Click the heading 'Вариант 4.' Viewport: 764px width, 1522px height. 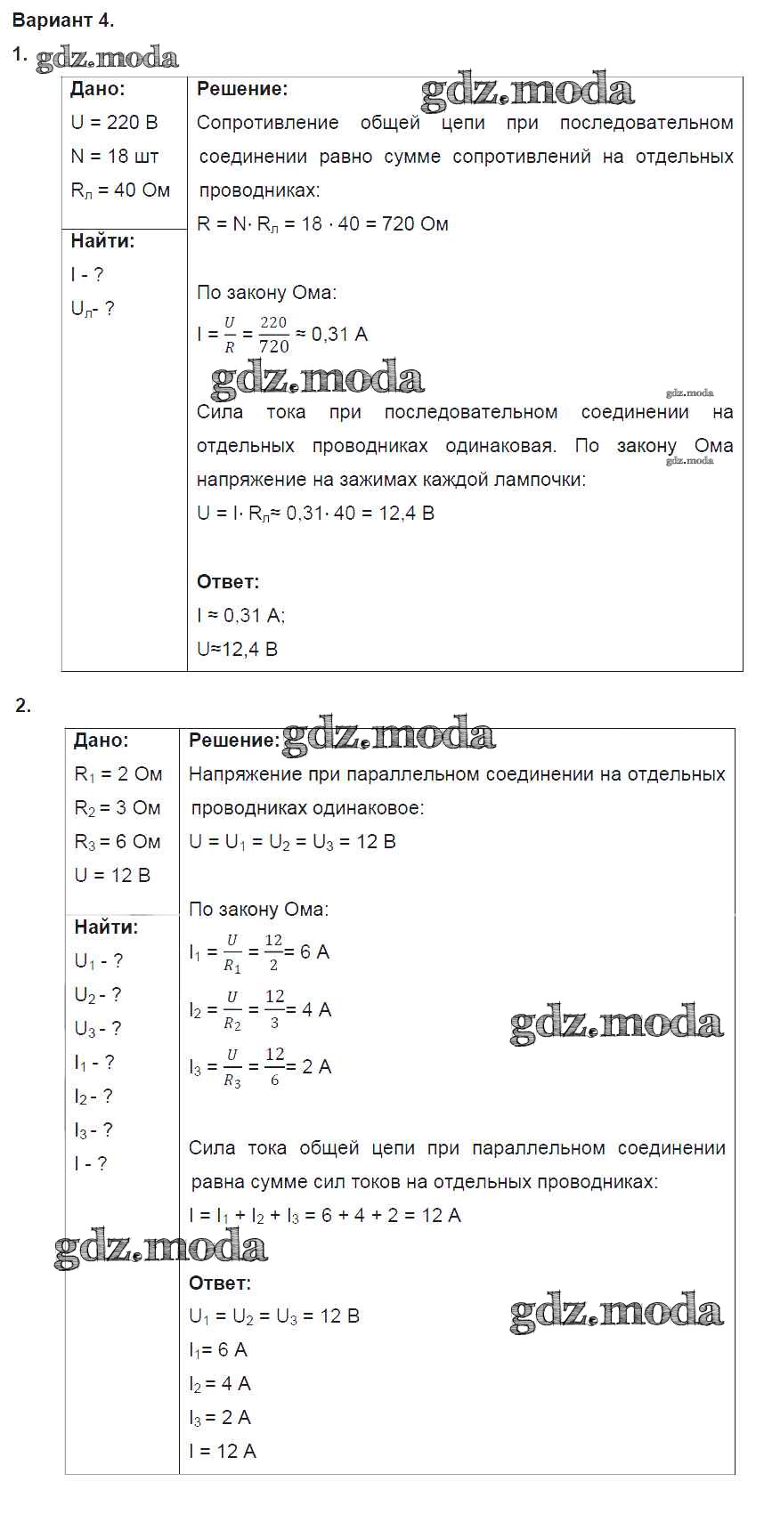pos(63,20)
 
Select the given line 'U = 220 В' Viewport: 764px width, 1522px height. pos(114,122)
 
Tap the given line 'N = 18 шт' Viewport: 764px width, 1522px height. pos(114,156)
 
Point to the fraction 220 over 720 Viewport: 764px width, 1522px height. pos(273,334)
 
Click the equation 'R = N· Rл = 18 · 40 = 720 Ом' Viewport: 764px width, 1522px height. pos(322,223)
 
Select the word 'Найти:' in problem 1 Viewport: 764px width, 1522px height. pos(102,240)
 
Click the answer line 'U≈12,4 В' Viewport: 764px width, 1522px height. pos(237,649)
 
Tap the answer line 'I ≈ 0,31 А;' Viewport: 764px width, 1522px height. pos(240,615)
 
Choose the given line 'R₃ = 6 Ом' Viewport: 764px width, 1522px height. pos(118,841)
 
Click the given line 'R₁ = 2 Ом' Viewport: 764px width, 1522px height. pos(118,773)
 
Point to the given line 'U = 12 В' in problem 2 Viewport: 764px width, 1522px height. pos(112,875)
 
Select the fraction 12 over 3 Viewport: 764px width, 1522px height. pos(274,1009)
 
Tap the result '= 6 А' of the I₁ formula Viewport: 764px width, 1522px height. pos(309,951)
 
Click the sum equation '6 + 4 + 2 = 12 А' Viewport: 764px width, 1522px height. pos(391,1215)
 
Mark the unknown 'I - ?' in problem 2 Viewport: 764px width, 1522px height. pos(90,1163)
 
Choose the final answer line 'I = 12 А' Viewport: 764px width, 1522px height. pos(223,1451)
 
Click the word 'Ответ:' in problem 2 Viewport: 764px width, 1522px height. pos(220,1283)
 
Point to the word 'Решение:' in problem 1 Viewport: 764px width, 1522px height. pos(242,88)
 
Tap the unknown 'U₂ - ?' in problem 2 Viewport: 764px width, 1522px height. pos(97,995)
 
